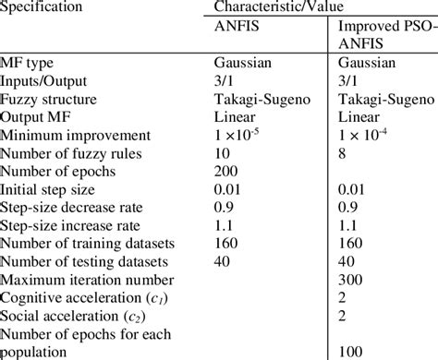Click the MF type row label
30,65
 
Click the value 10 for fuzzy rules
221,151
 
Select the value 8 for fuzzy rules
344,151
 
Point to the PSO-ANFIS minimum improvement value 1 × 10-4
370,134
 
